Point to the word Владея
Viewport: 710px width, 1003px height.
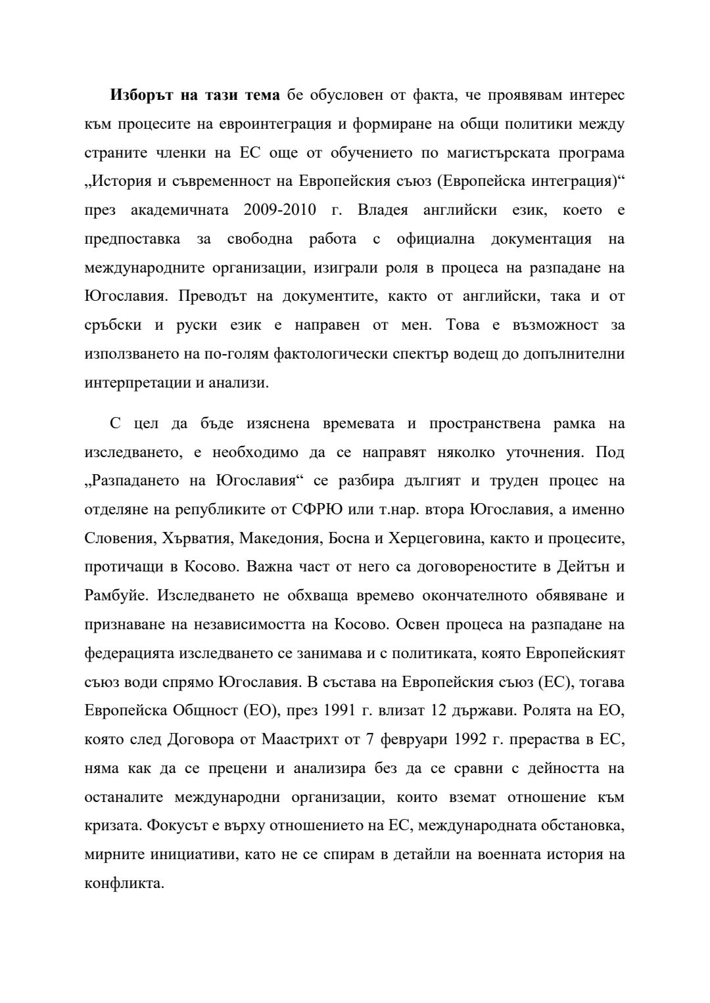click(x=383, y=211)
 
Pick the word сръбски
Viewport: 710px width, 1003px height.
click(x=114, y=326)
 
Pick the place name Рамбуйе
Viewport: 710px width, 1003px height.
click(x=112, y=596)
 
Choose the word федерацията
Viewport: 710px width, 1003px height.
click(x=130, y=654)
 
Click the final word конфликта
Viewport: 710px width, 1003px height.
click(x=124, y=883)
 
